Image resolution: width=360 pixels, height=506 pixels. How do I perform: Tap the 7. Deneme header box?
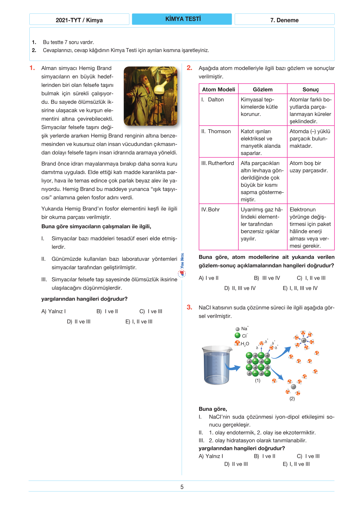[x=284, y=20]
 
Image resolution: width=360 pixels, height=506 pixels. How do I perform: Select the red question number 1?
[x=32, y=68]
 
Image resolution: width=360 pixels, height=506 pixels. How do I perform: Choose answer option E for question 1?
[x=139, y=321]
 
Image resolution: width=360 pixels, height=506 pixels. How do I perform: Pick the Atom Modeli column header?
[x=218, y=89]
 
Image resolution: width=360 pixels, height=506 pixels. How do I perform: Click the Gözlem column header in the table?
[x=263, y=89]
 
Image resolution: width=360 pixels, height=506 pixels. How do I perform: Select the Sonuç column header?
[x=310, y=89]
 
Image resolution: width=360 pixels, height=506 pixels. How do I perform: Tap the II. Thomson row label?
[x=216, y=131]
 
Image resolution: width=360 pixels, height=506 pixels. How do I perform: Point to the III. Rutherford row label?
[x=218, y=163]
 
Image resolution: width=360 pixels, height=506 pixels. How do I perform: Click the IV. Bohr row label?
[x=211, y=209]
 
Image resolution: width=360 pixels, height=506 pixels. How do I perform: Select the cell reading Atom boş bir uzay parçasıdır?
[x=309, y=167]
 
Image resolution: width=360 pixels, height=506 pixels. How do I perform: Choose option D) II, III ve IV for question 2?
[x=240, y=288]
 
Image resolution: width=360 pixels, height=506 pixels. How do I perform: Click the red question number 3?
[x=189, y=307]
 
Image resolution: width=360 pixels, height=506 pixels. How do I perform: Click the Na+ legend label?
[x=244, y=329]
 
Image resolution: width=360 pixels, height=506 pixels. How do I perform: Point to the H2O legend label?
[x=245, y=344]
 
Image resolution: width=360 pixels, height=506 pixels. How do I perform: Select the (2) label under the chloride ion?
[x=292, y=399]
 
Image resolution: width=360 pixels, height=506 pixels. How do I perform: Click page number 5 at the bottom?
[x=182, y=487]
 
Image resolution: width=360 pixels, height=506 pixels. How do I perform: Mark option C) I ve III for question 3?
[x=308, y=456]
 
